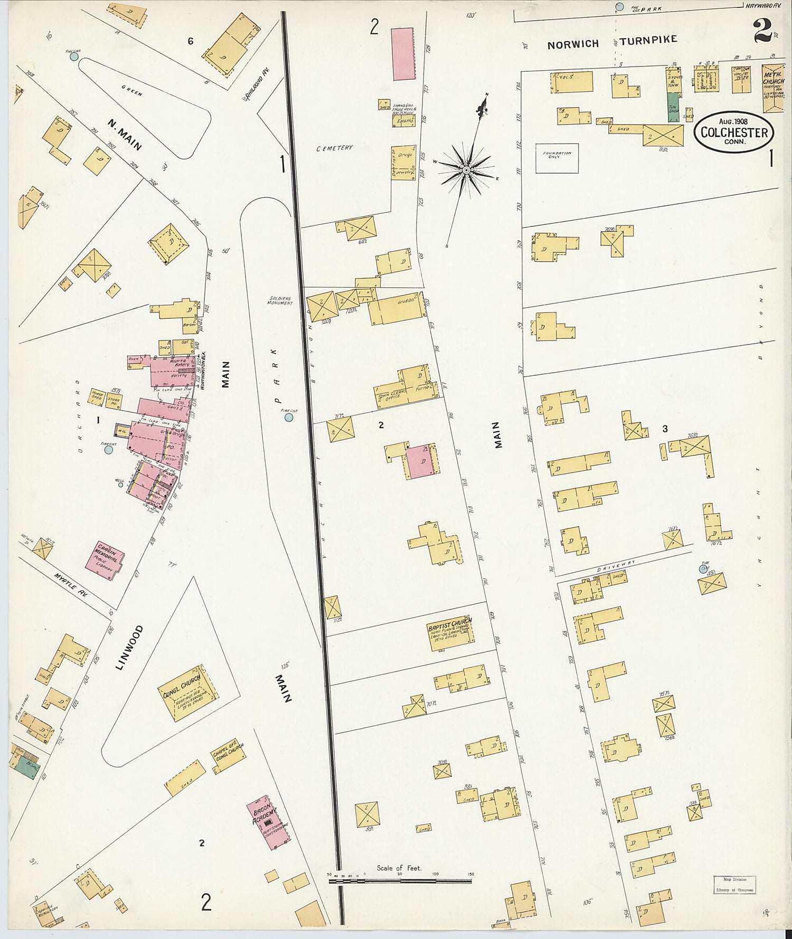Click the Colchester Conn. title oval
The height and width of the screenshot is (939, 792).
pos(734,132)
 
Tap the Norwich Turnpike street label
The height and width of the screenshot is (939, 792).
pos(611,43)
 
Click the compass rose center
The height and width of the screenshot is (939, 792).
pos(466,170)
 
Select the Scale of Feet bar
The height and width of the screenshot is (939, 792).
pos(400,881)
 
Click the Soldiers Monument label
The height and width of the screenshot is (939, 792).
pos(280,300)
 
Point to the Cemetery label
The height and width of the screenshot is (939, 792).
pos(334,148)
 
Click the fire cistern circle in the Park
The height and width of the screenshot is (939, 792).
pos(289,418)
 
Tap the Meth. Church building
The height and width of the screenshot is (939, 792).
pos(774,88)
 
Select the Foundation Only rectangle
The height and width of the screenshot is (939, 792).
pos(557,158)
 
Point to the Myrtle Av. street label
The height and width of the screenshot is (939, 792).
pos(70,585)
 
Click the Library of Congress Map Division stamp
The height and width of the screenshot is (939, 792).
pos(734,884)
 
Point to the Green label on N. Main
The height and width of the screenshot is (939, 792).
pos(132,91)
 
